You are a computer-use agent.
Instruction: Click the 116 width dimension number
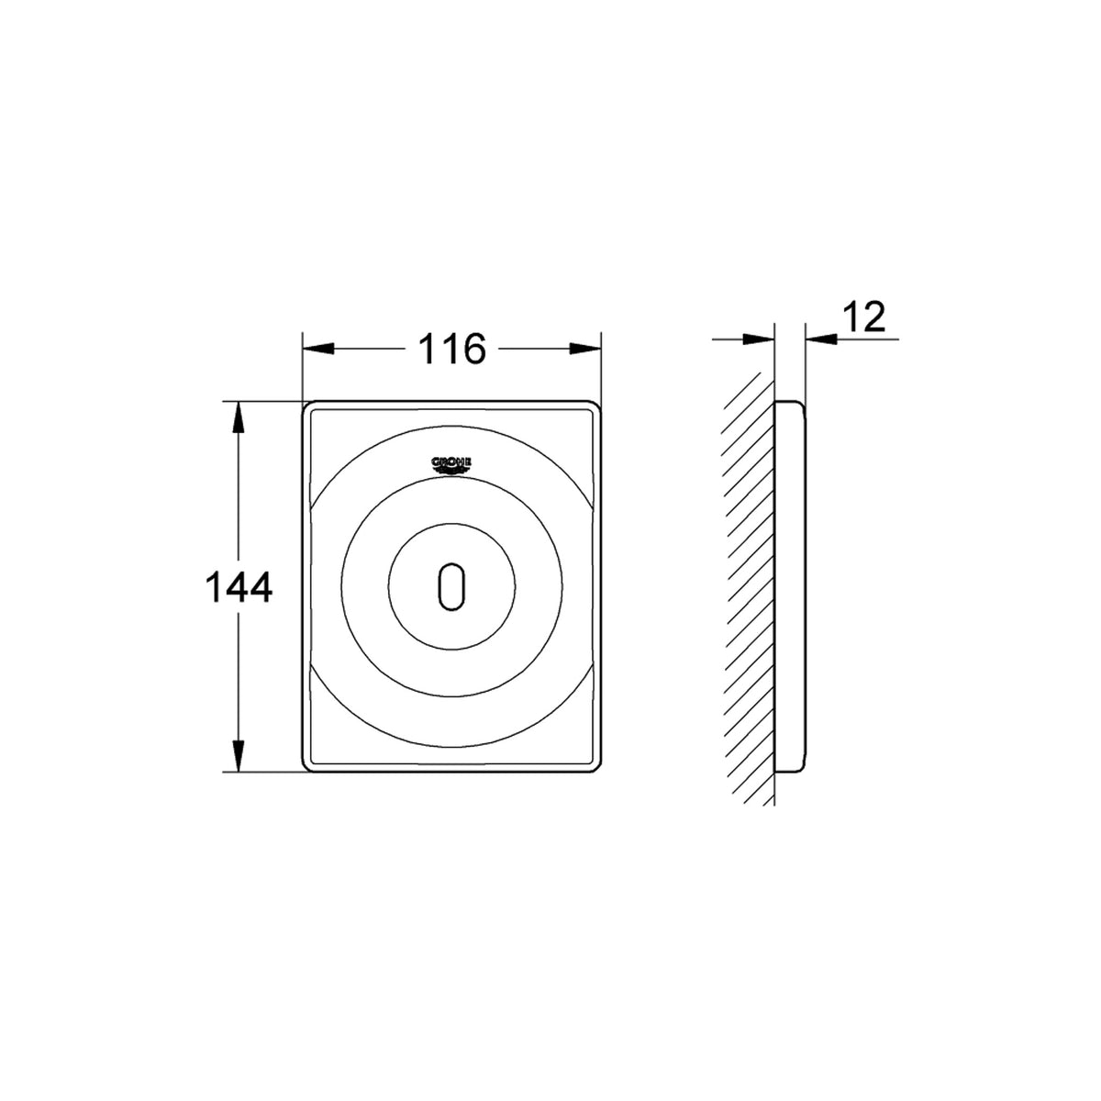pyautogui.click(x=452, y=349)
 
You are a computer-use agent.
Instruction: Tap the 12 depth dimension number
pyautogui.click(x=864, y=317)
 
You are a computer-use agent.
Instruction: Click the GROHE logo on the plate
pyautogui.click(x=451, y=466)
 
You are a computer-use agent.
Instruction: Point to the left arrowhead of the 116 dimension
pyautogui.click(x=318, y=349)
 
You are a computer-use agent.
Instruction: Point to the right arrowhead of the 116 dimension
pyautogui.click(x=585, y=349)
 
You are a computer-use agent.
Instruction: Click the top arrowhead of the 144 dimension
pyautogui.click(x=239, y=417)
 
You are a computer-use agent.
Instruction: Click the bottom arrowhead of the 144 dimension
pyautogui.click(x=239, y=756)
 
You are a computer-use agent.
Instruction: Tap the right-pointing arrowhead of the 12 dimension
pyautogui.click(x=759, y=339)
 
